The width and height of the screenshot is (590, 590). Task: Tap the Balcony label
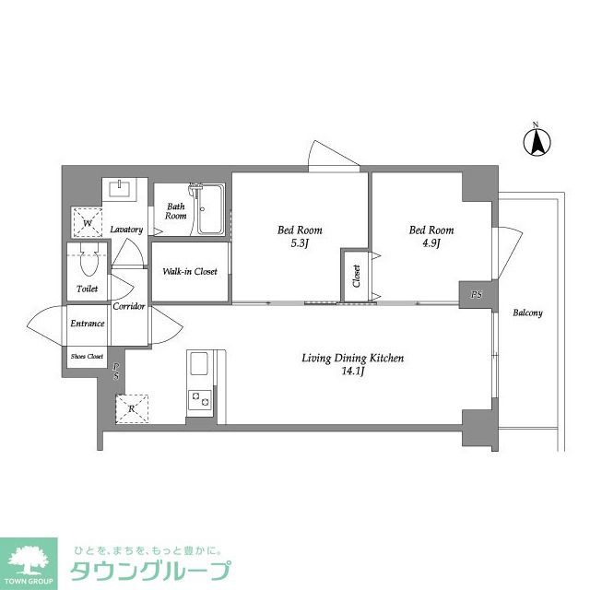click(528, 313)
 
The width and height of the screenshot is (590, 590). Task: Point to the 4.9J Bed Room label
click(431, 236)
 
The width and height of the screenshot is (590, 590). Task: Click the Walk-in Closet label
click(190, 272)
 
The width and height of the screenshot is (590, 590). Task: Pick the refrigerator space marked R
click(131, 407)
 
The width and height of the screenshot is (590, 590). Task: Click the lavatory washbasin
click(119, 190)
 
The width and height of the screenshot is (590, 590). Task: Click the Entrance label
click(88, 324)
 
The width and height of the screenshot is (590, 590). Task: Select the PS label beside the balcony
click(476, 295)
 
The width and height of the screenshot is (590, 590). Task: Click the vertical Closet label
click(356, 276)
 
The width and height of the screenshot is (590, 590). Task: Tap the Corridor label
click(129, 306)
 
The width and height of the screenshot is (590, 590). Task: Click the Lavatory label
click(125, 229)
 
